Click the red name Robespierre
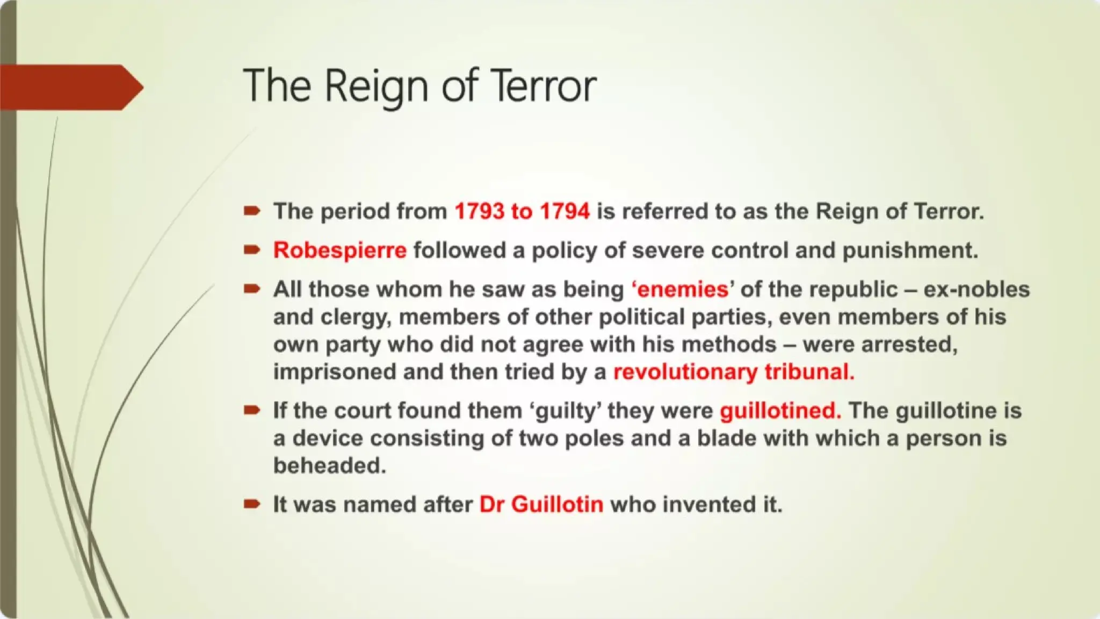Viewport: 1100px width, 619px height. [340, 250]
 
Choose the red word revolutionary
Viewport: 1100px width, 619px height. [685, 372]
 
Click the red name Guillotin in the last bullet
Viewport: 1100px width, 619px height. [558, 505]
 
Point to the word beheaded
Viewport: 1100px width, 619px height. [329, 465]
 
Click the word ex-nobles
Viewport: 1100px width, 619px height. [976, 290]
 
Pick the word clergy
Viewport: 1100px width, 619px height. [355, 317]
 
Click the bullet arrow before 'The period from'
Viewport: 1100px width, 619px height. [251, 211]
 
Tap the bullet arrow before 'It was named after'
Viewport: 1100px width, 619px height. [251, 504]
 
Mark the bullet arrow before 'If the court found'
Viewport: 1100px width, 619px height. [251, 411]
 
